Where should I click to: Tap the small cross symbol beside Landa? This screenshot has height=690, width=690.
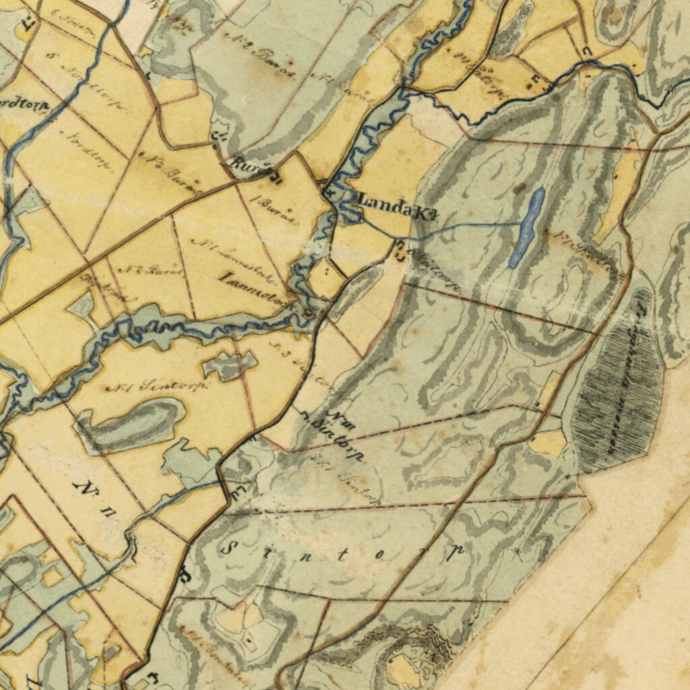[330, 193]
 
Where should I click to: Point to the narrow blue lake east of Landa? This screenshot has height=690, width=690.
[528, 228]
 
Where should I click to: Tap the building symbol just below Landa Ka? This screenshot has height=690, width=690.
[400, 249]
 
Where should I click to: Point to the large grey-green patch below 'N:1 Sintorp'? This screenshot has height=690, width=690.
[131, 425]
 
